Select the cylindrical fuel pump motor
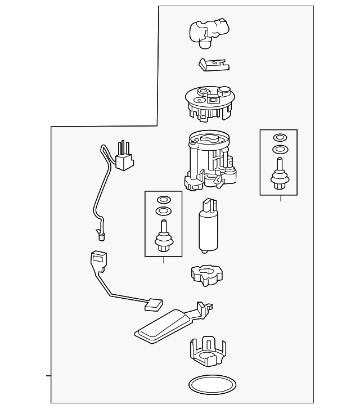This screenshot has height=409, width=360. [206, 231]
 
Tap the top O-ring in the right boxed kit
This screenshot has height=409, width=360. [278, 137]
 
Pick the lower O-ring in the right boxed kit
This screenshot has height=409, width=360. [278, 149]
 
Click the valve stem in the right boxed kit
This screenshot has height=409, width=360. [278, 174]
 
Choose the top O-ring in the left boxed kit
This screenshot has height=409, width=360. [163, 199]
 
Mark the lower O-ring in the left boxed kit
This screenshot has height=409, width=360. [163, 211]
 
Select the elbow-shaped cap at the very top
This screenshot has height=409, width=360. [208, 30]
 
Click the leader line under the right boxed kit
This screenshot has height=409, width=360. [280, 198]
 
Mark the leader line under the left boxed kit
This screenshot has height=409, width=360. [164, 260]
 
